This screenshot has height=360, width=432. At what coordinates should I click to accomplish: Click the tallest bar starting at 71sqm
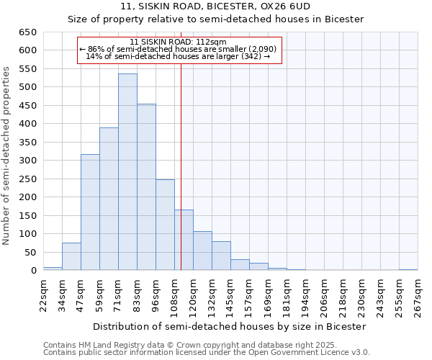[x=127, y=172]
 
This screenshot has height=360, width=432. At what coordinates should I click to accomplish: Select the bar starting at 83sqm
[x=146, y=187]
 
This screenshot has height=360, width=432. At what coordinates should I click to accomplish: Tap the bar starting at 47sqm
[x=90, y=212]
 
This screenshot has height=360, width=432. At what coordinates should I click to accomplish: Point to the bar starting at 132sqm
[x=221, y=256]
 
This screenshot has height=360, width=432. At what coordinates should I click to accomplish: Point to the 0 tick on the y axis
[x=33, y=271]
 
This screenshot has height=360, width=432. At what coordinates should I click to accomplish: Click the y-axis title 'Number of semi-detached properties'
[x=6, y=156]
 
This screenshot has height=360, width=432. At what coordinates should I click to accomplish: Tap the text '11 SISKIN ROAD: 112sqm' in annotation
[x=179, y=42]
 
